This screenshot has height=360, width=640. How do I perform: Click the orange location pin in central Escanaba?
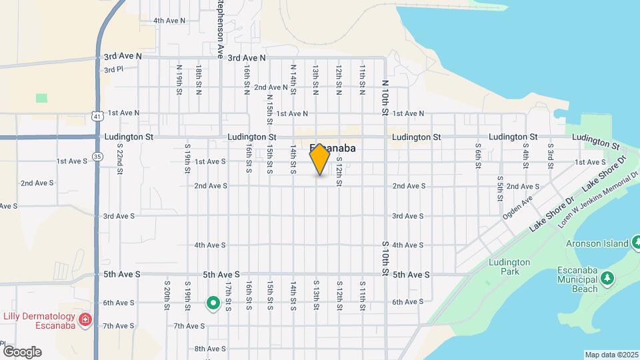pos(320,159)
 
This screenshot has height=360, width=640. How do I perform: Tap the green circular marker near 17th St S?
pos(213,304)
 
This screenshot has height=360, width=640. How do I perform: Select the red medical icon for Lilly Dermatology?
pos(85,321)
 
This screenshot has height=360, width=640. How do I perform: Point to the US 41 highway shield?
pos(97,116)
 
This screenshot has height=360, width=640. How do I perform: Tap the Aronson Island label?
pos(595,243)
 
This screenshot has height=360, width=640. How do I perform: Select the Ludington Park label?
pos(509,267)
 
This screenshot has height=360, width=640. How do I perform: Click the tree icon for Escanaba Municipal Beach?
pos(607,277)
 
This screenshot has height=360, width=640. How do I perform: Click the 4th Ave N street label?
pos(169,21)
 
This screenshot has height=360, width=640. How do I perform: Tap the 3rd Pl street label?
pos(113,69)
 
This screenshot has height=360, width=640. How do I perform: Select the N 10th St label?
pos(385,97)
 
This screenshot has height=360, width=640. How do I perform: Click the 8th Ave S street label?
pos(210,349)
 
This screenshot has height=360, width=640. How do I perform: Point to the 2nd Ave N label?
pos(271,87)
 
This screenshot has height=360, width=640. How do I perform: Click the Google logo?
pos(22,352)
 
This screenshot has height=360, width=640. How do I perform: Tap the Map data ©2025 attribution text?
pos(611,354)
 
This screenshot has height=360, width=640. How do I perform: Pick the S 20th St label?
pos(167,295)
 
